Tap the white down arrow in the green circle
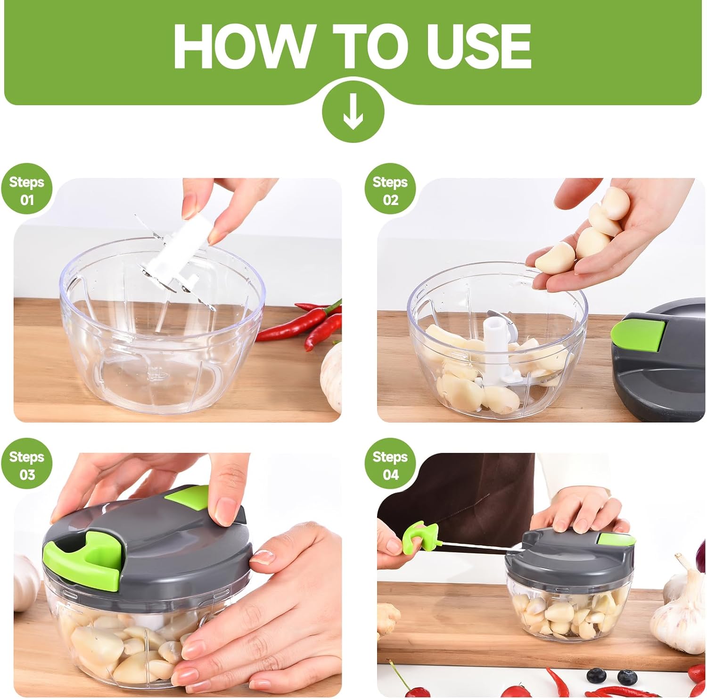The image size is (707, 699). (353, 113)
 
